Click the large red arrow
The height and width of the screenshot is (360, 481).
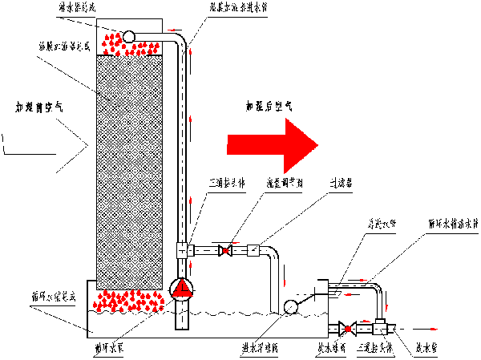(273, 144)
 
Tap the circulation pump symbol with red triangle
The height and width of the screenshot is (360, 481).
(183, 288)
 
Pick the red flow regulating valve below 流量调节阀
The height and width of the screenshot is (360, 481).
(227, 250)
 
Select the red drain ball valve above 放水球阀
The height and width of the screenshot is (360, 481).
(346, 328)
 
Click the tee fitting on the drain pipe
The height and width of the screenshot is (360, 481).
(380, 328)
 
